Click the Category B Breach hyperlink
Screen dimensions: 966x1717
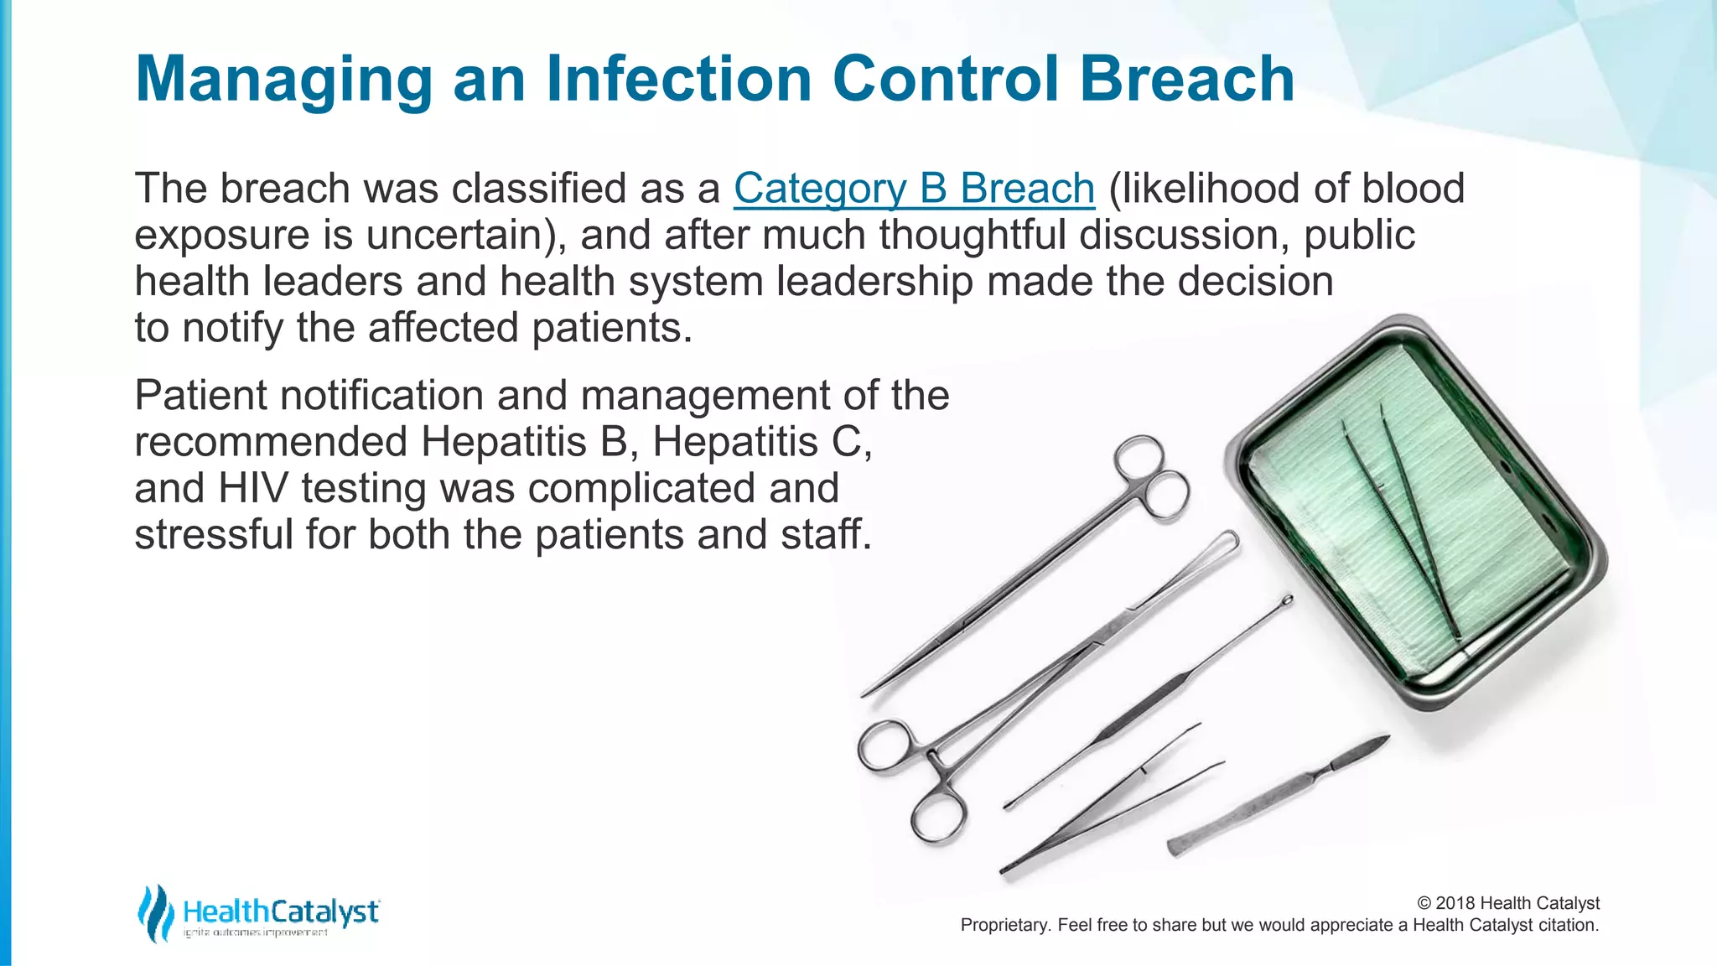point(914,189)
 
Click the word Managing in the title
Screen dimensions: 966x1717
point(283,80)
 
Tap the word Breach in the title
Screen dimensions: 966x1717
point(1186,80)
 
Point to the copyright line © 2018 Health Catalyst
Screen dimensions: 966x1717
point(1507,903)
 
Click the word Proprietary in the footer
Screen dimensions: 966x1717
point(1004,925)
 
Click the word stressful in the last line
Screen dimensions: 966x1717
point(214,535)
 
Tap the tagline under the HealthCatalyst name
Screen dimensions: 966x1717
point(256,933)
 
